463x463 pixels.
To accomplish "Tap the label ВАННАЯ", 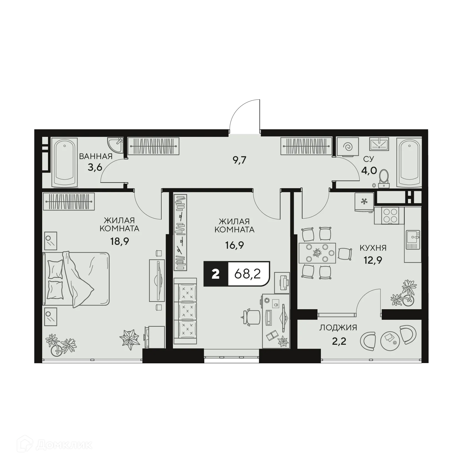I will click(x=96, y=156).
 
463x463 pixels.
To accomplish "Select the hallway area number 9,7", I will click(x=240, y=160).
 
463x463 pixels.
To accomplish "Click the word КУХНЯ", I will click(x=373, y=248).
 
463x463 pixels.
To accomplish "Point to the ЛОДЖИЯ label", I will click(x=338, y=328).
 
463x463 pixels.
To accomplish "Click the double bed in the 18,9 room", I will click(x=76, y=279).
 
